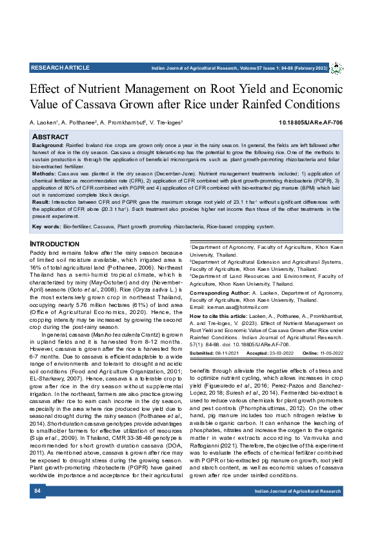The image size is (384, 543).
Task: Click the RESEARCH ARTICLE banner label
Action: [x=60, y=67]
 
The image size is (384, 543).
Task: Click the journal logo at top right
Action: [x=337, y=68]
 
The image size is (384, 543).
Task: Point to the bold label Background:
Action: [x=48, y=146]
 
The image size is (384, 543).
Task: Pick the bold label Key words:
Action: [x=46, y=226]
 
